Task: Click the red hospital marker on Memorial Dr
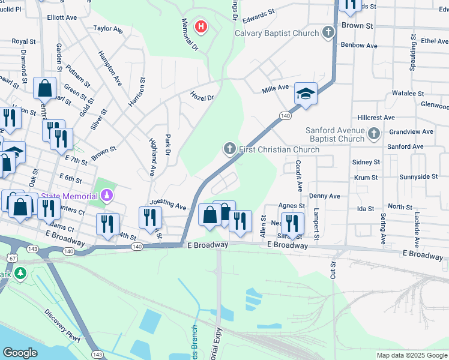click(x=202, y=26)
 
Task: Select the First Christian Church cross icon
click(x=229, y=148)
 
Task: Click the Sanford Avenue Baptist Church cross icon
click(x=374, y=133)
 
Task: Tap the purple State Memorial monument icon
click(x=107, y=196)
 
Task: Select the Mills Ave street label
click(x=276, y=90)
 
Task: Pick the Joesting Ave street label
click(x=168, y=204)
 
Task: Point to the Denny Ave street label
click(x=324, y=196)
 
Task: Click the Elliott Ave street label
click(x=62, y=18)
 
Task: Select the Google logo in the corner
click(x=20, y=353)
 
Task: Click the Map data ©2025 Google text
click(x=412, y=355)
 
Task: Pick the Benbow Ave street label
click(x=358, y=45)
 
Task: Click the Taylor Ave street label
click(x=108, y=29)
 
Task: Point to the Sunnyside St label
click(x=420, y=177)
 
